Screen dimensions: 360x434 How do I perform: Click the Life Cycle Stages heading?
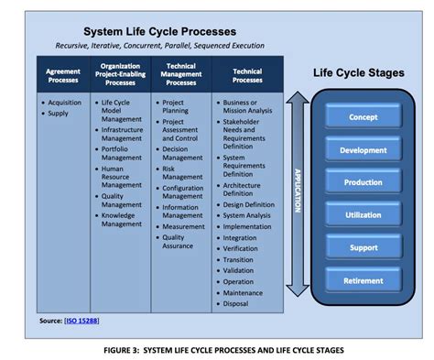pyautogui.click(x=359, y=73)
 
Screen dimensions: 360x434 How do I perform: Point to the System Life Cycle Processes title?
pyautogui.click(x=173, y=31)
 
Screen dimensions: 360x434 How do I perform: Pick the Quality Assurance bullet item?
pyautogui.click(x=179, y=241)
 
